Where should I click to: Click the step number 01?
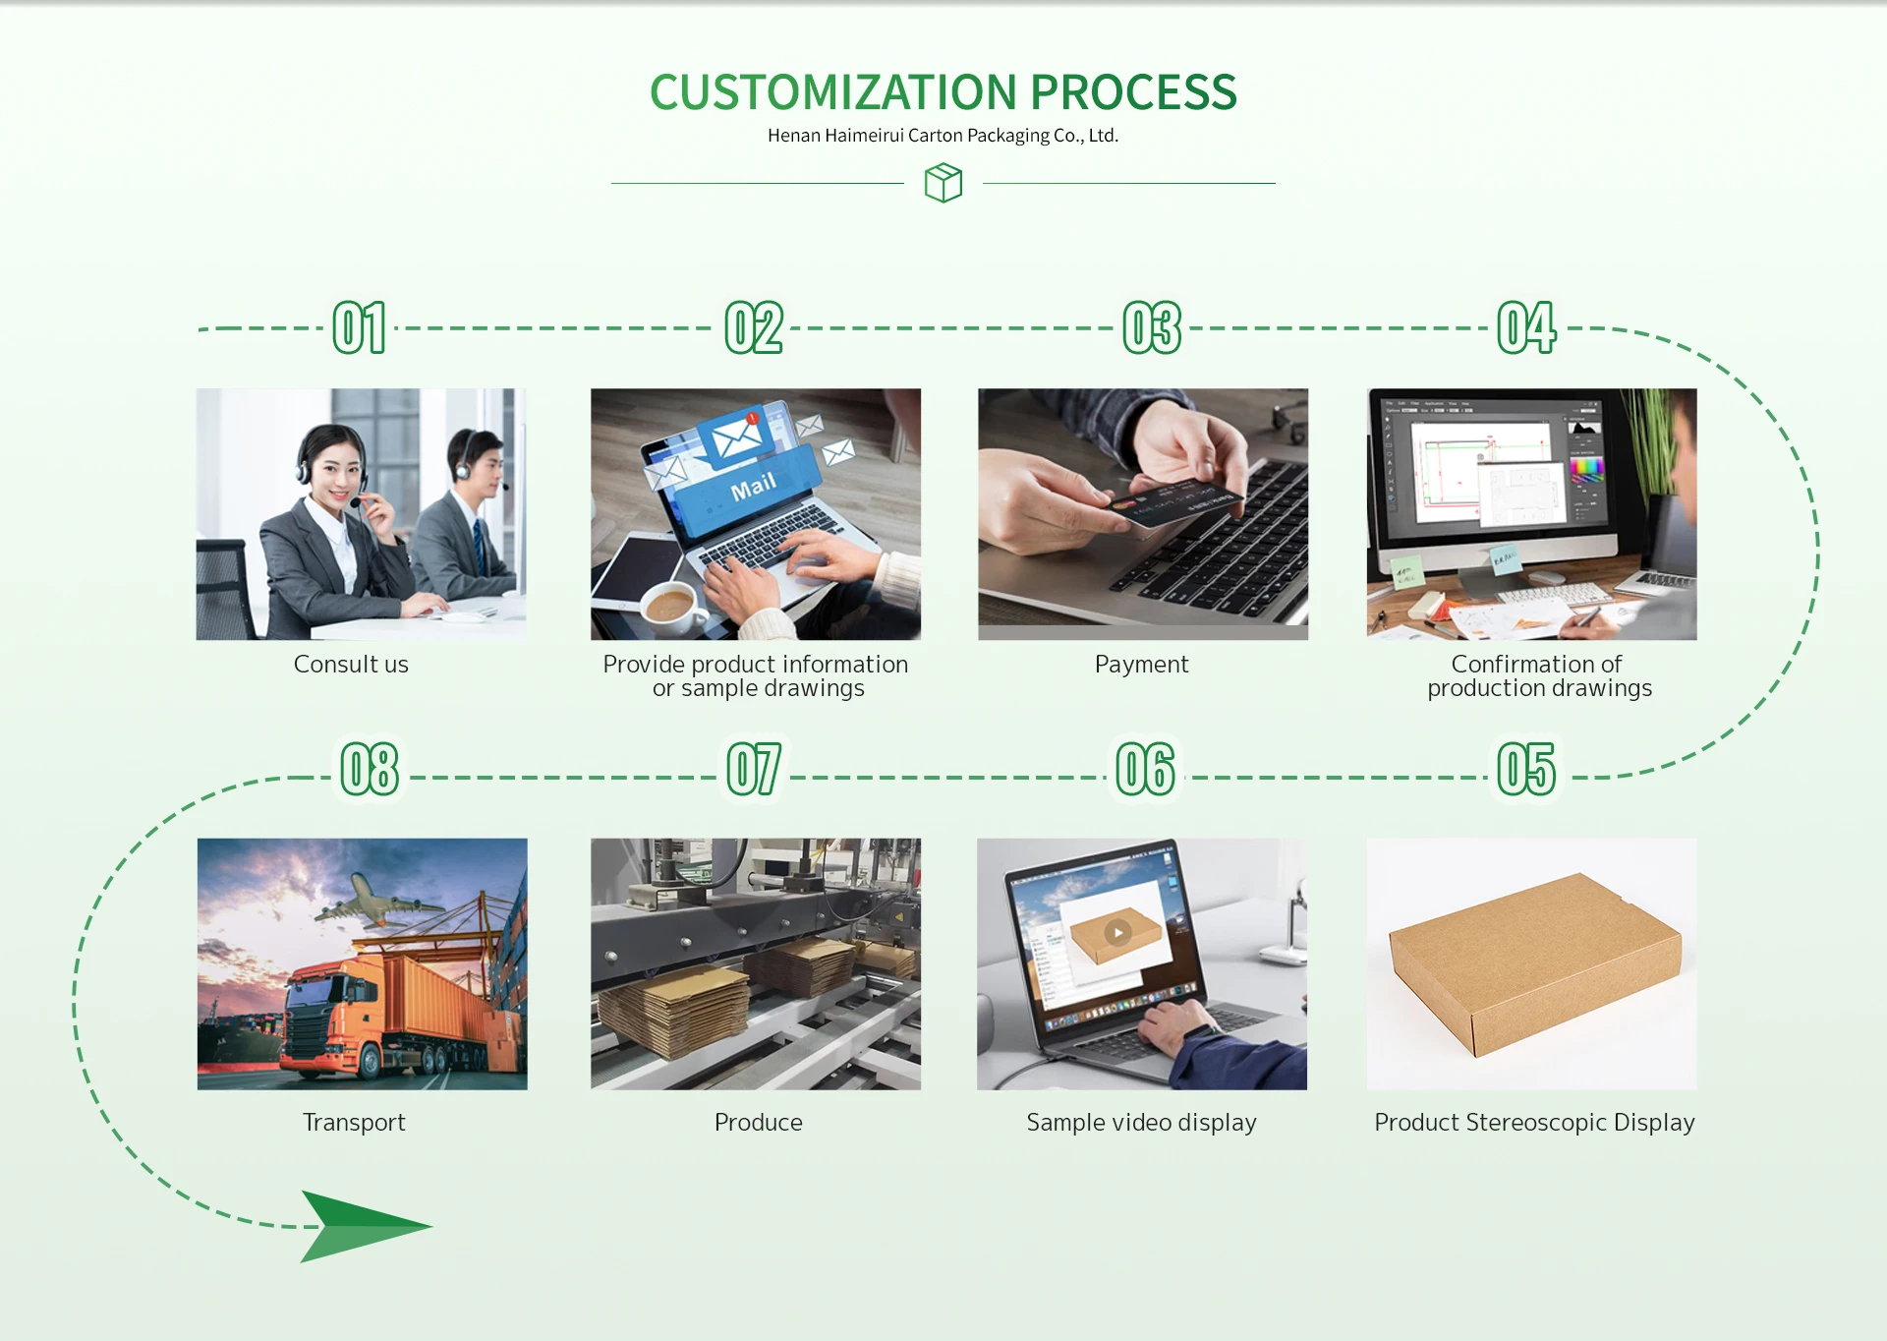(x=359, y=327)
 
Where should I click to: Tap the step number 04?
(x=1526, y=327)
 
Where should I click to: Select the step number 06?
(x=1145, y=769)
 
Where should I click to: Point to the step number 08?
(x=370, y=769)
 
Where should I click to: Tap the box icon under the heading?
(x=943, y=183)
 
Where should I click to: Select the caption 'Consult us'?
(x=351, y=665)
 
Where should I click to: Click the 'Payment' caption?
(x=1141, y=665)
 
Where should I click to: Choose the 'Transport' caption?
(x=354, y=1123)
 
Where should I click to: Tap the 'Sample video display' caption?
(x=1141, y=1123)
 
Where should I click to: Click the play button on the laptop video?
(x=1117, y=932)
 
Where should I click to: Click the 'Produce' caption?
(x=758, y=1123)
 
